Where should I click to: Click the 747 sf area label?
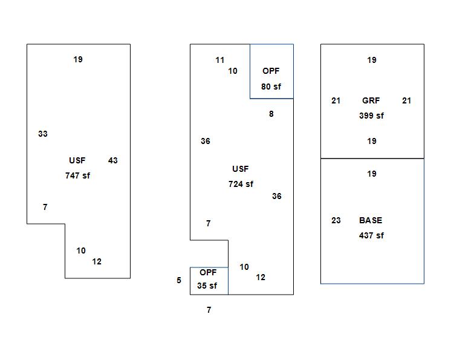tap(77, 175)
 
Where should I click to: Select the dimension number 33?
tap(43, 134)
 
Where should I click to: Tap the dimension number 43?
tap(113, 160)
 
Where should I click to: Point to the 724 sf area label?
tap(241, 184)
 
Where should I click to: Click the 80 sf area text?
tap(271, 87)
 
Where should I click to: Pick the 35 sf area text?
tap(207, 286)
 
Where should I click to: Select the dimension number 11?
tap(220, 60)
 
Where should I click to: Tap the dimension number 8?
tap(271, 114)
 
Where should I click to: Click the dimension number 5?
tap(179, 280)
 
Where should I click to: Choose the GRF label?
tap(371, 100)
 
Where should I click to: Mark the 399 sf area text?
tap(371, 116)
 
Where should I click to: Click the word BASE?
tap(371, 220)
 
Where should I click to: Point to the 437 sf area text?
tap(371, 235)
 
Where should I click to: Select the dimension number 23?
tap(336, 220)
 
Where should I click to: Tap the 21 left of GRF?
tap(336, 100)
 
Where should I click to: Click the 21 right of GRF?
tap(407, 100)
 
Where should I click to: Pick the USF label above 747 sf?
tap(77, 160)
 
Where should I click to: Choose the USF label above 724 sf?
tap(241, 169)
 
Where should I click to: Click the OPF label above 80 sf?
tap(271, 71)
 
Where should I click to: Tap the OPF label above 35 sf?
tap(208, 272)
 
